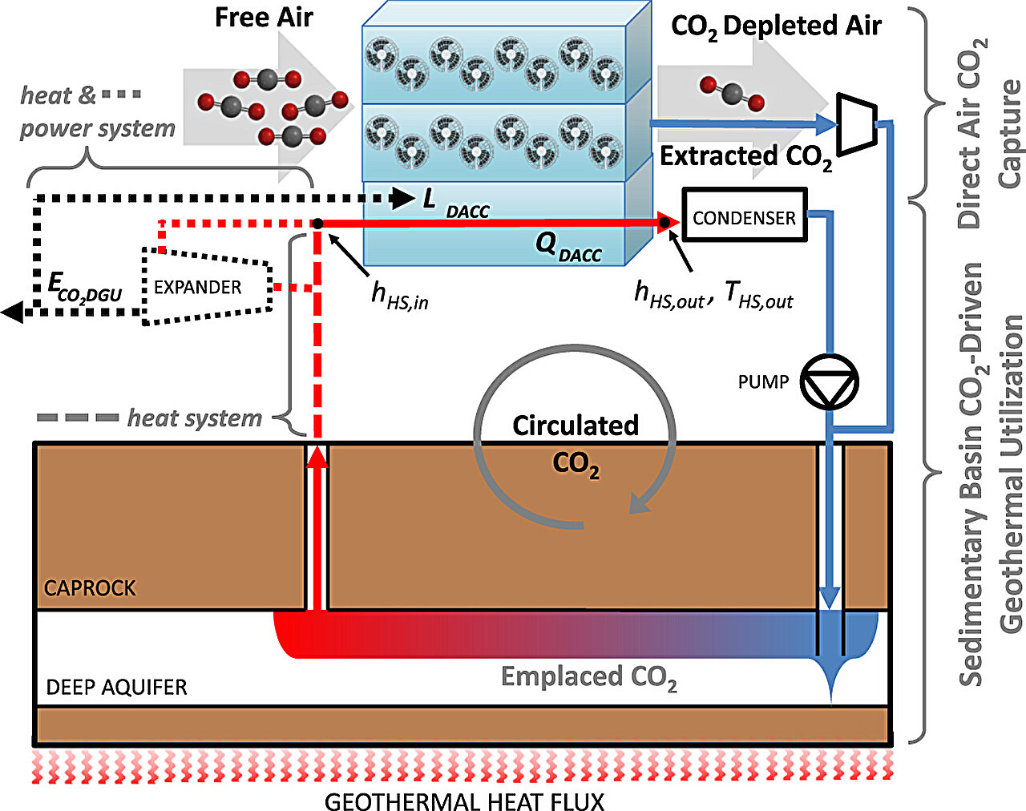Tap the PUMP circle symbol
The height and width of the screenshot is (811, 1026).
[x=830, y=381]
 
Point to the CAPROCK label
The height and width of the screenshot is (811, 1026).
[x=90, y=588]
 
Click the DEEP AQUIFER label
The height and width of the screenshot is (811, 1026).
[x=117, y=687]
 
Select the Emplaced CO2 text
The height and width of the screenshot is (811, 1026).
[x=589, y=678]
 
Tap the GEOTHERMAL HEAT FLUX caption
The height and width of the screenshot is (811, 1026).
[x=464, y=801]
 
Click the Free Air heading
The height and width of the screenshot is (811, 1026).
[x=264, y=18]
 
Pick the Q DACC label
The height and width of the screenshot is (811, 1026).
[x=568, y=246]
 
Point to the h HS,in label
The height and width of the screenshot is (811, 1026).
[x=399, y=295]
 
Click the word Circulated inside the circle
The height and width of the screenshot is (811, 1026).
[x=576, y=425]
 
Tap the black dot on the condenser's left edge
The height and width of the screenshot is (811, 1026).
[x=664, y=223]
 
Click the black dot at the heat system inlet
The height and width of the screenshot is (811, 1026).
[x=317, y=224]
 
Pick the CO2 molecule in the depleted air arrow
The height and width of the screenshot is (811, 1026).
[x=731, y=93]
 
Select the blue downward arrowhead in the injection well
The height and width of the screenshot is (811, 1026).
[x=830, y=597]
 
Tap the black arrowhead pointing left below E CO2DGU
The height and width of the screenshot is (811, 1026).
[x=12, y=312]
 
